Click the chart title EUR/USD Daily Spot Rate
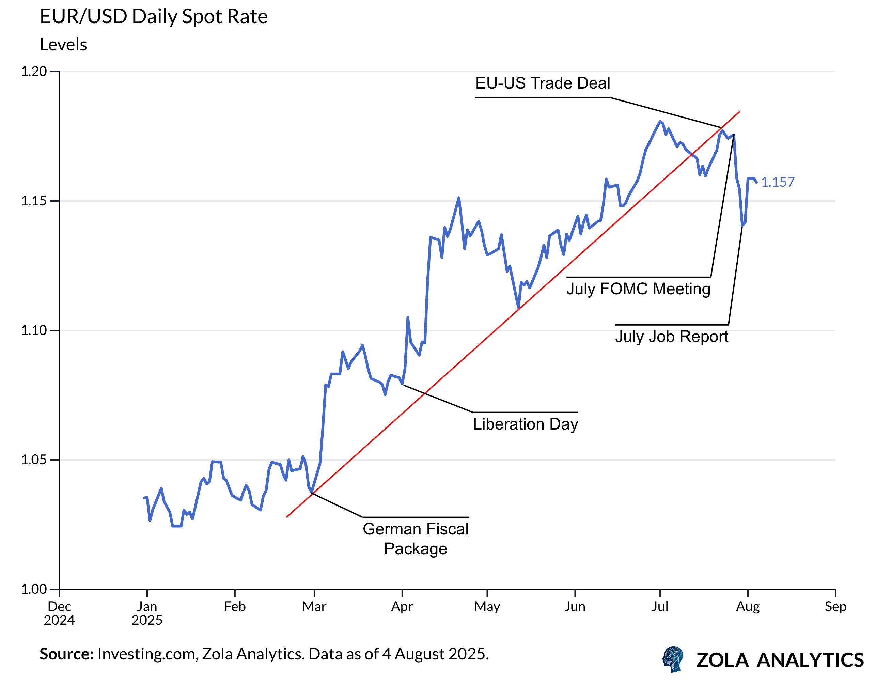click(154, 17)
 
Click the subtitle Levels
click(63, 45)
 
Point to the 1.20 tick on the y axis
click(34, 72)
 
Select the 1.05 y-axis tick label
click(34, 460)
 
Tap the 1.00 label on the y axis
click(34, 589)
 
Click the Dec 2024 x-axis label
click(59, 613)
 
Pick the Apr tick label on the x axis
click(402, 607)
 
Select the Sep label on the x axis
click(835, 607)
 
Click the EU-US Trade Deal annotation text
click(543, 83)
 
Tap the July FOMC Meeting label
click(638, 289)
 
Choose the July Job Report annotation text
click(671, 337)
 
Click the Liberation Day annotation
click(526, 424)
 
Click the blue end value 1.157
click(777, 182)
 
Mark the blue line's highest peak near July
click(660, 122)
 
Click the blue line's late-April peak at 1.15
click(458, 198)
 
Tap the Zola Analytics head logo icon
click(673, 659)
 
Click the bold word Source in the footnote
click(66, 654)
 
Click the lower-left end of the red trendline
click(287, 517)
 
